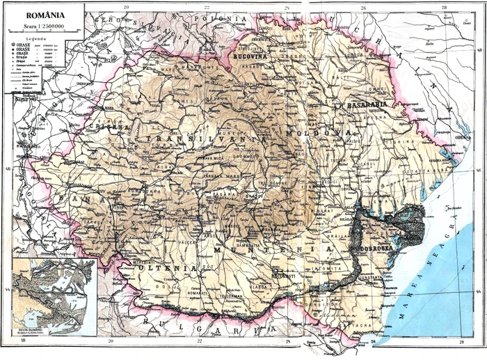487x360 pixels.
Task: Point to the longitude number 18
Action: pos(23,341)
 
